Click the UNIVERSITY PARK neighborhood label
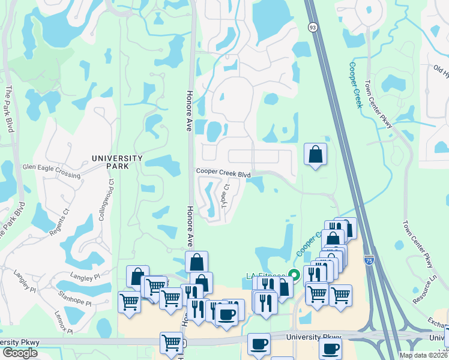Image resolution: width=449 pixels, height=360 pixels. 117,158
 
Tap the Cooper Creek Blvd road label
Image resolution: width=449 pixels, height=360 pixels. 223,173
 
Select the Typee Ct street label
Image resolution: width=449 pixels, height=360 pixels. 225,196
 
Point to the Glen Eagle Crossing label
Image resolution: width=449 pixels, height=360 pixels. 51,172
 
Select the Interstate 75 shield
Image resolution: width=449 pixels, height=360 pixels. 369,260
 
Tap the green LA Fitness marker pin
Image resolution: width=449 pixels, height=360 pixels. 294,275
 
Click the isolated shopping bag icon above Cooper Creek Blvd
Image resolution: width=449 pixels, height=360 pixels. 316,155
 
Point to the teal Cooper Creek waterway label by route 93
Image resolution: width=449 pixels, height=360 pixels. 355,85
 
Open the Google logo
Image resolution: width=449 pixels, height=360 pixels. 20,353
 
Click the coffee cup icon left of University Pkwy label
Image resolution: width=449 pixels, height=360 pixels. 259,344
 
